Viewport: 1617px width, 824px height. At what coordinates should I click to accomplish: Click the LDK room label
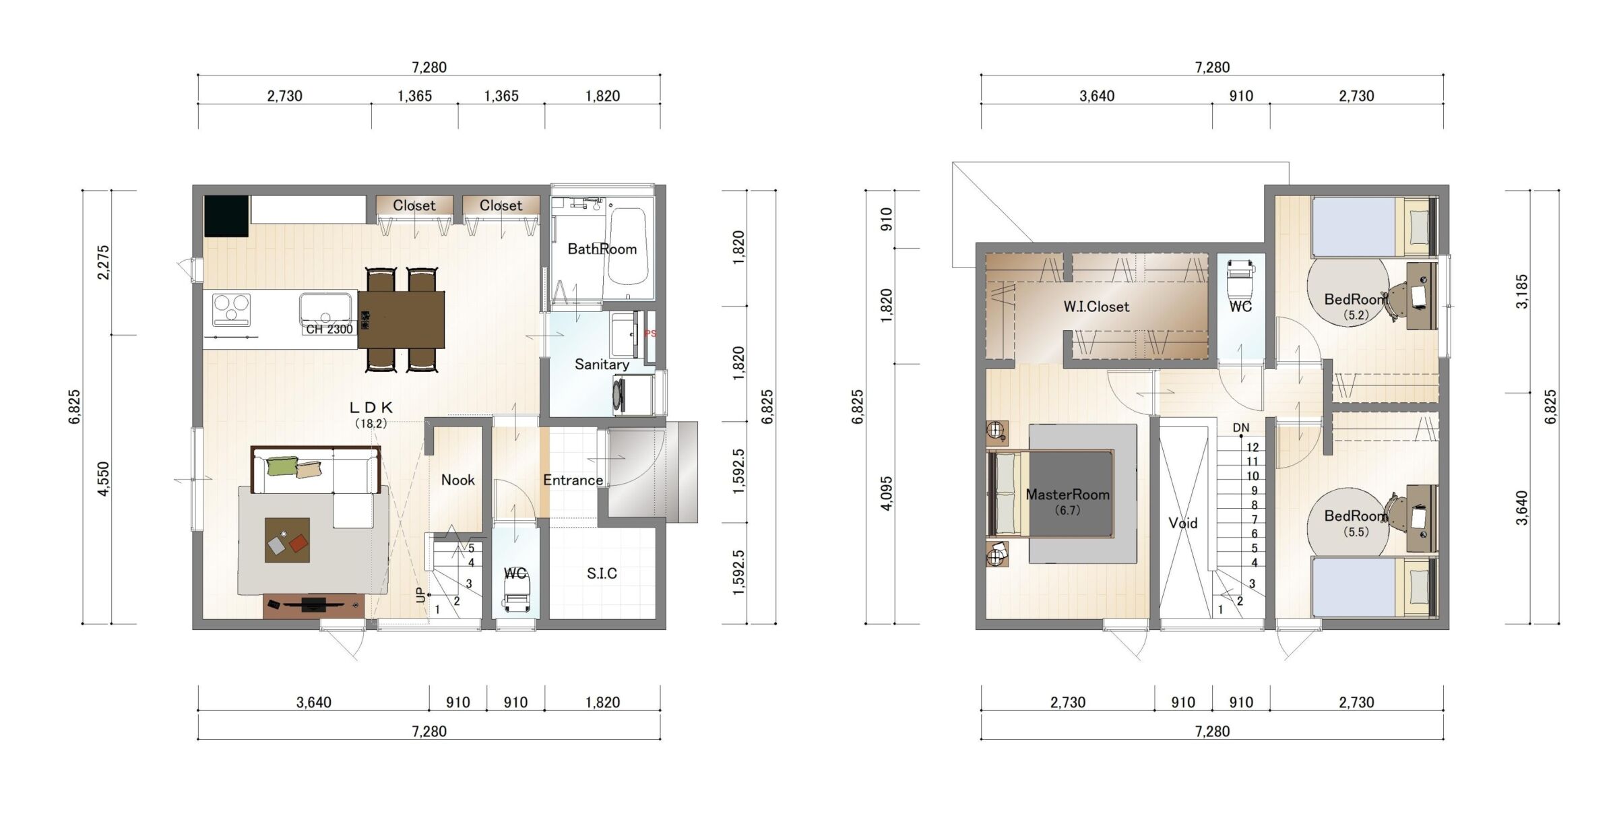click(371, 407)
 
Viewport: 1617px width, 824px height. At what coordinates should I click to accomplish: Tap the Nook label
click(457, 480)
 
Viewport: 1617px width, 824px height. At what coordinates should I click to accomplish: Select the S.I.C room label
click(602, 573)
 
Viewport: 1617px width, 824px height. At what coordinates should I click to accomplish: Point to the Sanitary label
click(602, 365)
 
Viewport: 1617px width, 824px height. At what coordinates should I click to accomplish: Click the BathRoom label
click(602, 249)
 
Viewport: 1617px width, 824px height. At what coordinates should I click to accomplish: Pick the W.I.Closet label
click(1096, 307)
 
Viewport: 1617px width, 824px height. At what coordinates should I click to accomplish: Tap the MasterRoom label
click(1067, 495)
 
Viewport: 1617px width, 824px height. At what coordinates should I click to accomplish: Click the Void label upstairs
click(1183, 523)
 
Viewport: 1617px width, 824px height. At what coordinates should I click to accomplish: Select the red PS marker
click(650, 334)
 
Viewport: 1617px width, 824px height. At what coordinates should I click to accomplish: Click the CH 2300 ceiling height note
click(329, 329)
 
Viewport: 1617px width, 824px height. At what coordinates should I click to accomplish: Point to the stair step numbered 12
click(1253, 447)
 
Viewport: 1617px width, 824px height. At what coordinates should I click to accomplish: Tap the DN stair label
click(1241, 428)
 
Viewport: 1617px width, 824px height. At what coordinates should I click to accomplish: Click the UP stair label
click(421, 596)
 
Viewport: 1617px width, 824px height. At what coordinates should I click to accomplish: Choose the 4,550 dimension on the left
click(103, 479)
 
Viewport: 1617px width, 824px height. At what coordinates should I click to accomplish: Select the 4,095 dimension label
click(887, 494)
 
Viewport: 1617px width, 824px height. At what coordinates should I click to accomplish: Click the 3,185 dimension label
click(1522, 292)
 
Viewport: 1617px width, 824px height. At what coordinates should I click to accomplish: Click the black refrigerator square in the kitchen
click(226, 216)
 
